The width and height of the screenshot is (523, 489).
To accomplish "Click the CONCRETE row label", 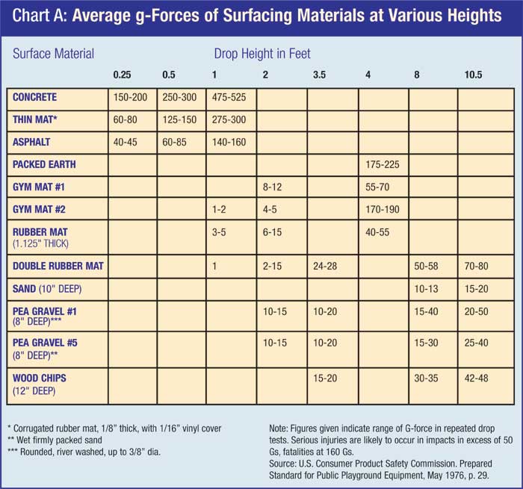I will click(x=34, y=98).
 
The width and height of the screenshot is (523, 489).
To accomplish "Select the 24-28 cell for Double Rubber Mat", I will click(x=326, y=265).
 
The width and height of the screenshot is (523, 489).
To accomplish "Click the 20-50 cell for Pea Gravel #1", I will click(x=479, y=312).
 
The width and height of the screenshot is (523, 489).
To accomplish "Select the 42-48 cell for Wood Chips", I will click(x=479, y=379).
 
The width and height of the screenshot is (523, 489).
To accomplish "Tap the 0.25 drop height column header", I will click(x=123, y=75).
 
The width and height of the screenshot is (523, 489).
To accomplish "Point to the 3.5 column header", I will click(x=320, y=75).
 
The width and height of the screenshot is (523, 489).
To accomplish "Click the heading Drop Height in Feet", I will click(x=262, y=54).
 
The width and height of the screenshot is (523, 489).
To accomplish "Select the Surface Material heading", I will click(x=52, y=54).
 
